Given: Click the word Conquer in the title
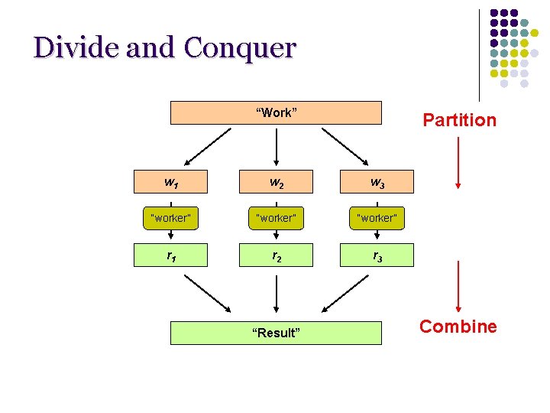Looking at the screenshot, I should point(238,47).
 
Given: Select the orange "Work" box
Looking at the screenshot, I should point(276,113).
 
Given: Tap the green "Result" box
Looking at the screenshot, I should point(276,333).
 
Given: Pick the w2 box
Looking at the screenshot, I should point(276,182).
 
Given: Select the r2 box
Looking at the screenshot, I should point(276,255).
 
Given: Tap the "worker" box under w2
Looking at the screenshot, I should point(276,218).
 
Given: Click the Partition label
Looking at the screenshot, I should point(459,120).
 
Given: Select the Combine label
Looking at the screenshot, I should point(458,327).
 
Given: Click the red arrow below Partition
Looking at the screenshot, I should point(458,162).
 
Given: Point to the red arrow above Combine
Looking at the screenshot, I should point(458,286).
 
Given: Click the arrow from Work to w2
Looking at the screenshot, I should point(276,145).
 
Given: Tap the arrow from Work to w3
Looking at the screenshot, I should point(345,145).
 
